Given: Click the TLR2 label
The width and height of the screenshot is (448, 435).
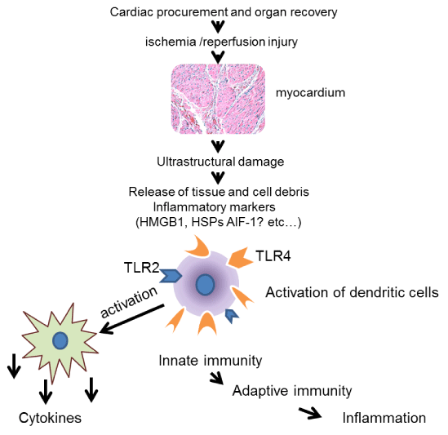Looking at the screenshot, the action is (x=141, y=268).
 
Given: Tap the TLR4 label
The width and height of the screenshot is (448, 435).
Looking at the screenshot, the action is (x=273, y=255).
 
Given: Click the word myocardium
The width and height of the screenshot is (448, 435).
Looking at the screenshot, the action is (x=310, y=93).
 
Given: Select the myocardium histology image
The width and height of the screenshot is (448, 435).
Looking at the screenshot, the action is (x=218, y=99).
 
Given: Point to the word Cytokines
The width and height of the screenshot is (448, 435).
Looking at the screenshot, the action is (x=50, y=418).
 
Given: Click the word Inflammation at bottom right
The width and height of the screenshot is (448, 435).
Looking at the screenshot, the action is (x=384, y=418).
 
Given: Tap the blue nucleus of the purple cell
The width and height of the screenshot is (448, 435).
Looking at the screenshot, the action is (x=205, y=285).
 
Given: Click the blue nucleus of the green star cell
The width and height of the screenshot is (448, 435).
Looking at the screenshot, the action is (x=60, y=340).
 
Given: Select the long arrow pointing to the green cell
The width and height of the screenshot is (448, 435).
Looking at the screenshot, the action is (x=131, y=319).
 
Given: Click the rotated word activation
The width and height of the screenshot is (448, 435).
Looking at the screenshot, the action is (x=129, y=302).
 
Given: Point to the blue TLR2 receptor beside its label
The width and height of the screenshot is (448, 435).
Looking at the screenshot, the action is (x=171, y=276).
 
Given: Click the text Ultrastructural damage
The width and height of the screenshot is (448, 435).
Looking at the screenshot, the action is (x=220, y=162).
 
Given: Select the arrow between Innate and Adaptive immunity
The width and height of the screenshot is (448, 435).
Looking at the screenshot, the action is (x=216, y=379).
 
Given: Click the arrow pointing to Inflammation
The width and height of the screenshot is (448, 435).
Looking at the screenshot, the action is (x=310, y=413).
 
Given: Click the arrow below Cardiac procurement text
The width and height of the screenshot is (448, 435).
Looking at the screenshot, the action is (x=218, y=27).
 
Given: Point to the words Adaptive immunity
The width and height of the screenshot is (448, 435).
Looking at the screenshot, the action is (x=292, y=391).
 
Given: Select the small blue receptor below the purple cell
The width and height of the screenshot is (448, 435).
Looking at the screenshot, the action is (x=232, y=316).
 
